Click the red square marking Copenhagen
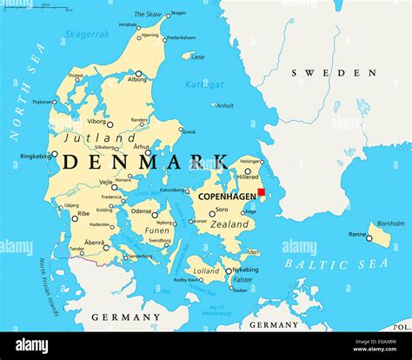click(x=261, y=192)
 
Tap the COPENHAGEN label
click(x=227, y=197)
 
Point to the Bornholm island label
click(x=390, y=223)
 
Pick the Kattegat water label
click(x=205, y=84)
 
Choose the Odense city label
click(x=141, y=210)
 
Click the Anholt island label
click(x=224, y=106)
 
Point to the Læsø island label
click(x=197, y=57)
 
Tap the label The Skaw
click(x=148, y=14)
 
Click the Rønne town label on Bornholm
click(x=357, y=234)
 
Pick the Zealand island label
click(x=230, y=224)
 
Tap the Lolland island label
click(x=207, y=271)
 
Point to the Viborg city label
click(x=96, y=122)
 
